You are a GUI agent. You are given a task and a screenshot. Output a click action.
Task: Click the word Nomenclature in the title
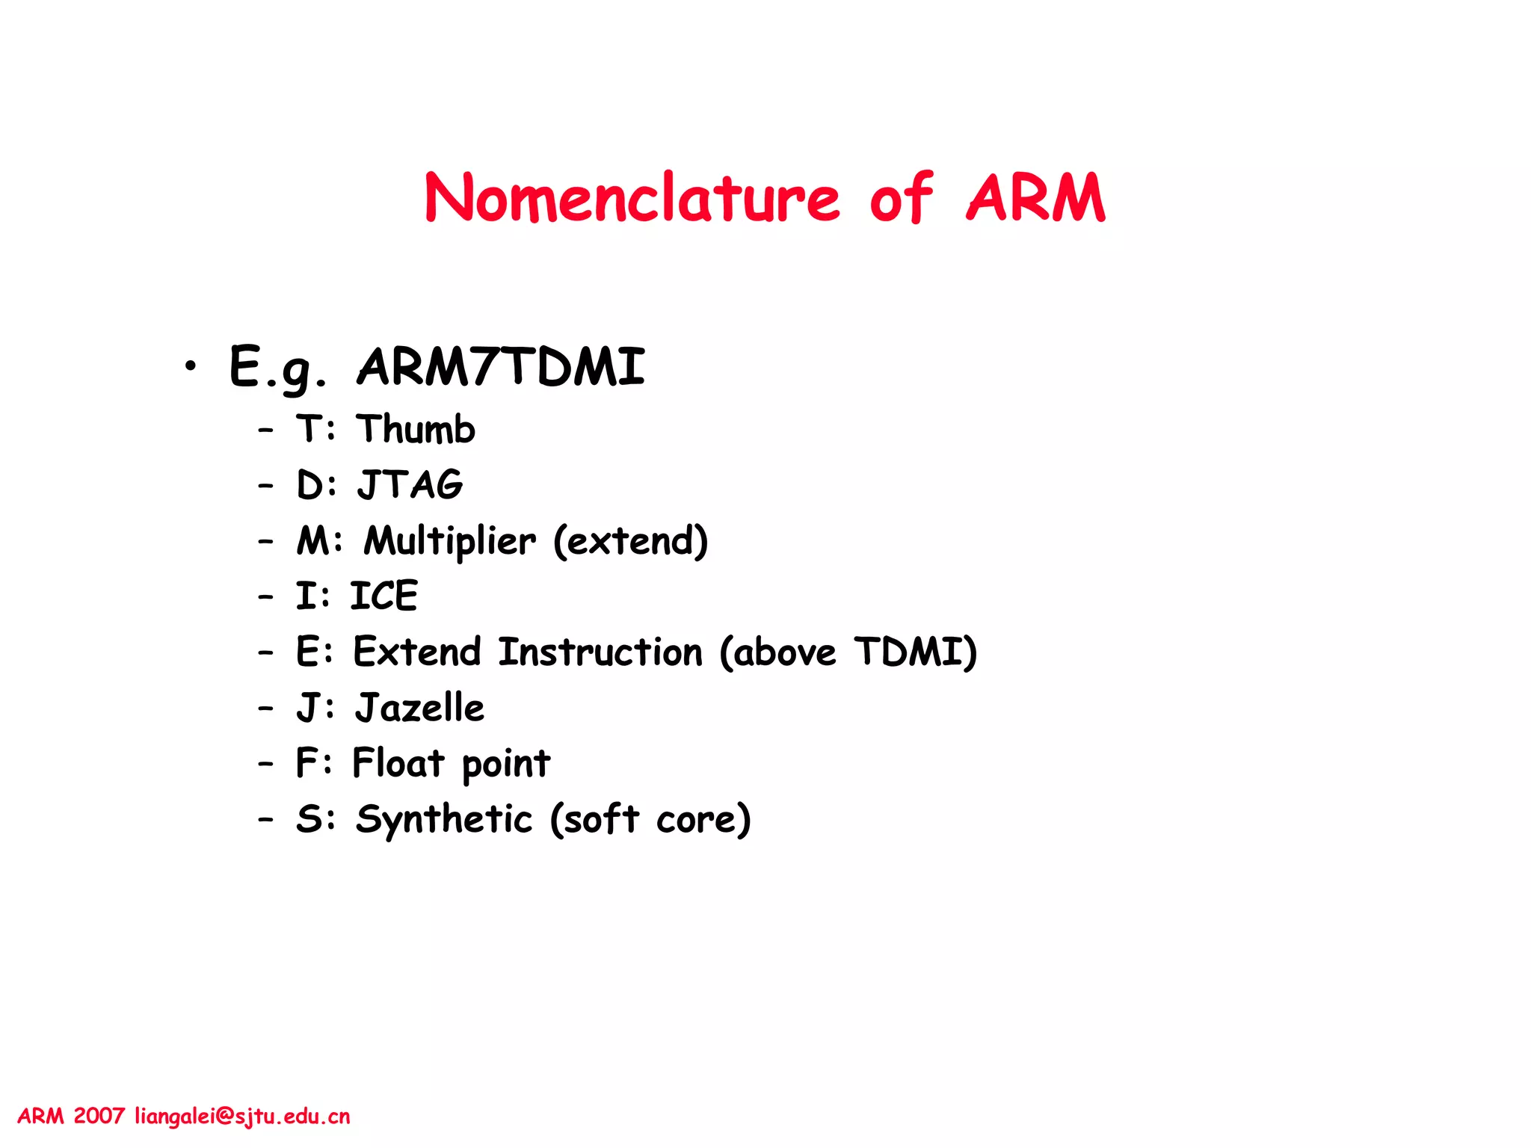click(632, 198)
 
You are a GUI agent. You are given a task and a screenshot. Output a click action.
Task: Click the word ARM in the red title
click(1035, 198)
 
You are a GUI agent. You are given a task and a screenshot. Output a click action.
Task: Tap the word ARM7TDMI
click(501, 367)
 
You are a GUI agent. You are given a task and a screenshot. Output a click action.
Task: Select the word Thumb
click(416, 430)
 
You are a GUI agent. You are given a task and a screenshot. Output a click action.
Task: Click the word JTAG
click(410, 484)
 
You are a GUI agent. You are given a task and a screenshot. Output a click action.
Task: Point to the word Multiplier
click(450, 540)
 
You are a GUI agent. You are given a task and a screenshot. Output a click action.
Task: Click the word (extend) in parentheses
click(630, 540)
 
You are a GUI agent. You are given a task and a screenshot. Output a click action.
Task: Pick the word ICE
click(383, 596)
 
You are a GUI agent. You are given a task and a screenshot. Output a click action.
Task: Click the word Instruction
click(600, 652)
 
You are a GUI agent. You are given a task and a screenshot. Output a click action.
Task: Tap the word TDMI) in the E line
click(915, 652)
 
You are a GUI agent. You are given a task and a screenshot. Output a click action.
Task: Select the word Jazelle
click(420, 708)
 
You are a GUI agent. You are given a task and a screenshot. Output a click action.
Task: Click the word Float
click(398, 763)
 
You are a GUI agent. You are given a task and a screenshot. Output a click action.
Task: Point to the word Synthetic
click(444, 819)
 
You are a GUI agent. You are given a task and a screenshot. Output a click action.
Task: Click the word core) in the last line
click(703, 819)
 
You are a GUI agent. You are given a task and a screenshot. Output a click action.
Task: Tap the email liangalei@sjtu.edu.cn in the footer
click(242, 1117)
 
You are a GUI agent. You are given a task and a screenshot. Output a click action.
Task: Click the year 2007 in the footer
click(99, 1117)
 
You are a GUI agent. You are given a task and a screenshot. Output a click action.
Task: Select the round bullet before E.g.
click(191, 366)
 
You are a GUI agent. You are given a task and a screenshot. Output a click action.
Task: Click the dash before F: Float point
click(265, 764)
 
